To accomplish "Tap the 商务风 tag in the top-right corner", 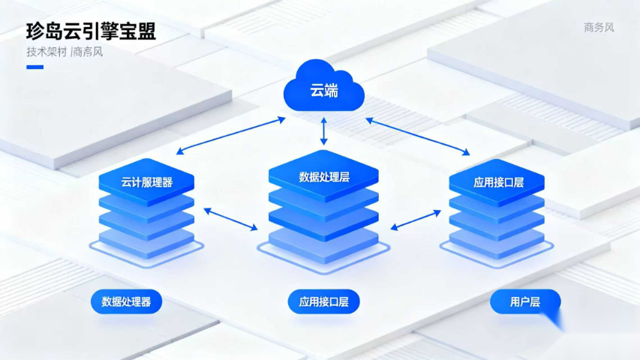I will point(599,28).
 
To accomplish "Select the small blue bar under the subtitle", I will point(35,67).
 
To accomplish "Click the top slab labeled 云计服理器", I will point(146,182).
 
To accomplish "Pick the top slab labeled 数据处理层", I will point(324,177).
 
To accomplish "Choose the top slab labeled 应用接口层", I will point(497,182).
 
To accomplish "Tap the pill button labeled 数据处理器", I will point(126,302).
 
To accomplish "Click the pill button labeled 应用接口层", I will point(323,302).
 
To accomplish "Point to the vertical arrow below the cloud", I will point(324,131).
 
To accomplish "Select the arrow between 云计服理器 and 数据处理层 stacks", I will point(231,219).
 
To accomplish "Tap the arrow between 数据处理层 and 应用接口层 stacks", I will point(416,219).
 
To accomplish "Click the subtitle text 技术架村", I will point(47,52).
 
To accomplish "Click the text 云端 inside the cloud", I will point(324,91).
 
